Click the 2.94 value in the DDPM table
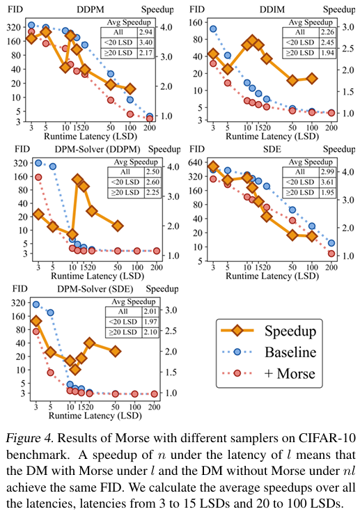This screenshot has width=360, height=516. pyautogui.click(x=146, y=32)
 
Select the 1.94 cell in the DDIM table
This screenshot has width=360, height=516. pyautogui.click(x=327, y=53)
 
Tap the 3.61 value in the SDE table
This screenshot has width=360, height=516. pyautogui.click(x=327, y=182)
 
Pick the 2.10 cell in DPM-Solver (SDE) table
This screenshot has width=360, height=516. pyautogui.click(x=150, y=332)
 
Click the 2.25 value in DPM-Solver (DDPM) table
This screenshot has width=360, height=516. pyautogui.click(x=152, y=192)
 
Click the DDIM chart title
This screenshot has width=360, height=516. pyautogui.click(x=272, y=9)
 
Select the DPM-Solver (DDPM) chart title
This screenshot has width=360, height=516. pyautogui.click(x=97, y=149)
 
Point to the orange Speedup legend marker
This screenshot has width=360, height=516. pyautogui.click(x=237, y=330)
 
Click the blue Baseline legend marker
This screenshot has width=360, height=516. pyautogui.click(x=237, y=352)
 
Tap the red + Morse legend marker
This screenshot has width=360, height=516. pyautogui.click(x=237, y=373)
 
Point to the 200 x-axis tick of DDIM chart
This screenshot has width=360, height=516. pyautogui.click(x=331, y=127)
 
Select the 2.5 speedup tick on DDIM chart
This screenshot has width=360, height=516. pyautogui.click(x=348, y=49)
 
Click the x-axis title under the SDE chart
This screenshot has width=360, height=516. pyautogui.click(x=272, y=276)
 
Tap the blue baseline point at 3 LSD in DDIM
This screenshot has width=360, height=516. pyautogui.click(x=213, y=29)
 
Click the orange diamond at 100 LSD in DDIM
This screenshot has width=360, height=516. pyautogui.click(x=312, y=79)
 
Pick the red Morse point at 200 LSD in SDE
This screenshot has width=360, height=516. pyautogui.click(x=331, y=253)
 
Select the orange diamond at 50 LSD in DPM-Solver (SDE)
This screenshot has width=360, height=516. pyautogui.click(x=115, y=352)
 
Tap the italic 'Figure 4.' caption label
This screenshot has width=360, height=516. pyautogui.click(x=29, y=438)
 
